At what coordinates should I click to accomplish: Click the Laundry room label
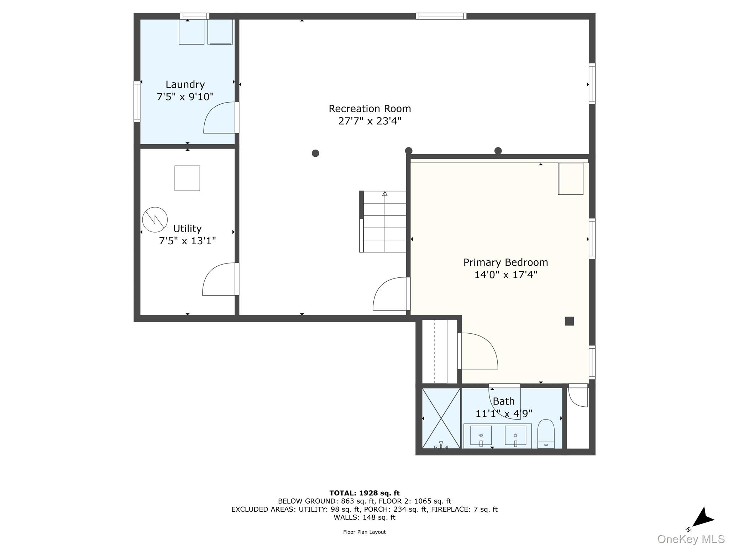[x=185, y=84]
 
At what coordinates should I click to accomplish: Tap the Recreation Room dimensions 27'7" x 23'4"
[x=369, y=121]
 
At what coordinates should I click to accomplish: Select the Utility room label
[x=187, y=229]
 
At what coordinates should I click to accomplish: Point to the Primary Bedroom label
[x=505, y=262]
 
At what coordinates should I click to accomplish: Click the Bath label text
[x=504, y=401]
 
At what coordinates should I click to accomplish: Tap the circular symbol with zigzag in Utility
[x=155, y=220]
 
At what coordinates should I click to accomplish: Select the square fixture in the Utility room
[x=187, y=178]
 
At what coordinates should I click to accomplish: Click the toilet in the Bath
[x=546, y=433]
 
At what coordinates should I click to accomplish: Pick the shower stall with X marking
[x=441, y=418]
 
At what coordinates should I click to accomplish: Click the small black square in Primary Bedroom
[x=569, y=321]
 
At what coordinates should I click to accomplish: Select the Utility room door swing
[x=218, y=280]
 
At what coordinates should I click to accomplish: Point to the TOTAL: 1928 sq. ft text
[x=364, y=493]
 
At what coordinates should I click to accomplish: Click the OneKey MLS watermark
[x=691, y=539]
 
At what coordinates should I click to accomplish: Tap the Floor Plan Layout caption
[x=364, y=532]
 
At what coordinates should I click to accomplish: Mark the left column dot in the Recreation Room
[x=315, y=153]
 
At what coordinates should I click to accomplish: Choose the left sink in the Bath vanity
[x=481, y=436]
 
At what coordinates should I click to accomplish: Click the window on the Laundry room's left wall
[x=137, y=102]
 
